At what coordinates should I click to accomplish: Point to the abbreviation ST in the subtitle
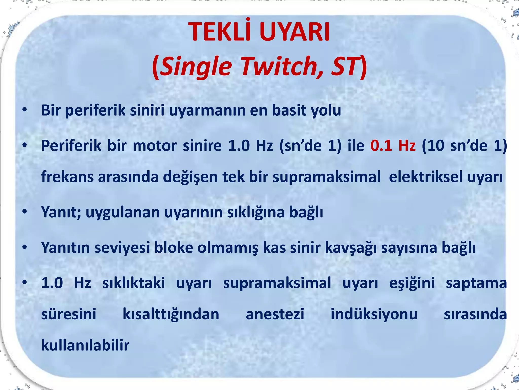[x=345, y=66]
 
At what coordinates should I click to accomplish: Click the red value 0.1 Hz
[x=393, y=146]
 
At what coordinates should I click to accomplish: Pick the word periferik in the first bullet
[x=95, y=110]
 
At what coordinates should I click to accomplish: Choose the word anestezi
[x=275, y=314]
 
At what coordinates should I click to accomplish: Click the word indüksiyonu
[x=374, y=314]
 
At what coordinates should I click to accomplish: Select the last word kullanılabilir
[x=85, y=345]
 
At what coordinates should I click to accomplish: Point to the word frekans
[x=67, y=177]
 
